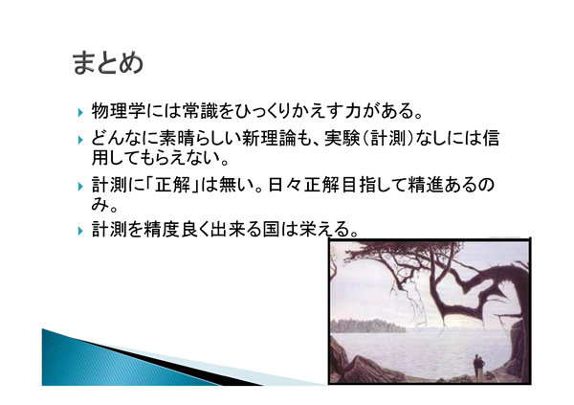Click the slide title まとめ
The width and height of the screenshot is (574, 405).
coord(107,63)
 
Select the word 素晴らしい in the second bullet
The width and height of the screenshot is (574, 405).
coord(200,139)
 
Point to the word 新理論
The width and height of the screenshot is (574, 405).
coord(268,139)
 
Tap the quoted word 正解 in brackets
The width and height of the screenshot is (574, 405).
coord(172,185)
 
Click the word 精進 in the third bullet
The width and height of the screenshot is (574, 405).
coord(425,185)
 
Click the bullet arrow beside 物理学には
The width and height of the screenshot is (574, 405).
coord(80,112)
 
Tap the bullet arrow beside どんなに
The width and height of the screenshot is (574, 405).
coord(80,140)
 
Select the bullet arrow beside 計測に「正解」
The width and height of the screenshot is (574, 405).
coord(80,186)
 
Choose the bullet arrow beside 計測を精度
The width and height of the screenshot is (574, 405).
coord(80,232)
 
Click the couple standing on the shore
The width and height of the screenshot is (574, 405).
coord(479,366)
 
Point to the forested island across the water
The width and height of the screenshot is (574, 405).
coord(368,326)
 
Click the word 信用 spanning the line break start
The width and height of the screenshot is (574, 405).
coord(491,139)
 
